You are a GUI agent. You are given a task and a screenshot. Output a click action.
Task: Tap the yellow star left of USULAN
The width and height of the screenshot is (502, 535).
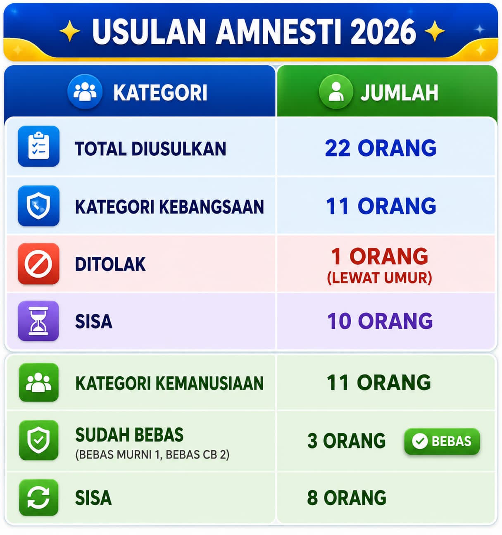[70, 31]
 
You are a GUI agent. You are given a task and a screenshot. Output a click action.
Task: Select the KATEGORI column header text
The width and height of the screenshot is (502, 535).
[160, 93]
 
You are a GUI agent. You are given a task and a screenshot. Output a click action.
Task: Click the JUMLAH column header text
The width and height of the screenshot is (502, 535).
[400, 93]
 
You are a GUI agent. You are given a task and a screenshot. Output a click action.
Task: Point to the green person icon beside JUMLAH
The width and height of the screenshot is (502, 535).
[336, 92]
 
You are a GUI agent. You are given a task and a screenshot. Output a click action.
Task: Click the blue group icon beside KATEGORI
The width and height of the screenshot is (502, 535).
[85, 92]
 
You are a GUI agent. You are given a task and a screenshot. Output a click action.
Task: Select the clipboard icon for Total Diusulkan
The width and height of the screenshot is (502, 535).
[38, 146]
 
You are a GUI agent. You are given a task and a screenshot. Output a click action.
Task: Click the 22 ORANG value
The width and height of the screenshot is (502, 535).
[381, 148]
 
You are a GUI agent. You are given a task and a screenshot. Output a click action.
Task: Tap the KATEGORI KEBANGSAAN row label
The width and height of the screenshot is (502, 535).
[169, 207]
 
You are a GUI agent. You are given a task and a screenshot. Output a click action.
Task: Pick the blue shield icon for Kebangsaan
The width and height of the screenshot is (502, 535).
[38, 206]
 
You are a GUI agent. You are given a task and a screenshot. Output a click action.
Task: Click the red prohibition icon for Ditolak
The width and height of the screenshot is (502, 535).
[38, 264]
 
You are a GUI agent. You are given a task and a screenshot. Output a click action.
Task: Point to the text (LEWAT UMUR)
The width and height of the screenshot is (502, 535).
[379, 278]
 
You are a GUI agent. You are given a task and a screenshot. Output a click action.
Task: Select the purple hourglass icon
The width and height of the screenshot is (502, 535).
[38, 321]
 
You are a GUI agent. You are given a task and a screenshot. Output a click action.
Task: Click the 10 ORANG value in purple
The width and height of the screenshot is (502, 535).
[380, 321]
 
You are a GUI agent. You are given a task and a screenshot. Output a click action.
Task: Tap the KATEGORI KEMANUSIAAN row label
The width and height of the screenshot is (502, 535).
[169, 383]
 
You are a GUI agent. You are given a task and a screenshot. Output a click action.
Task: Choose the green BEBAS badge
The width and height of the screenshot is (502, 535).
[442, 441]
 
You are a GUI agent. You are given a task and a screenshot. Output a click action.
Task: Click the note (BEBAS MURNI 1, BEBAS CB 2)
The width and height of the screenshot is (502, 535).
[152, 454]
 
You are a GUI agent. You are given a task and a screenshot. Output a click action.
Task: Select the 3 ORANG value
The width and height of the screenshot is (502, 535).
[347, 441]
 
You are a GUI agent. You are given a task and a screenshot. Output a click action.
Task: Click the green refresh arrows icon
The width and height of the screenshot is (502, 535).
[38, 497]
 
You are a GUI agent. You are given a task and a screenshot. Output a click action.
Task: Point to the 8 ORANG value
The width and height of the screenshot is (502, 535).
[347, 497]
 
